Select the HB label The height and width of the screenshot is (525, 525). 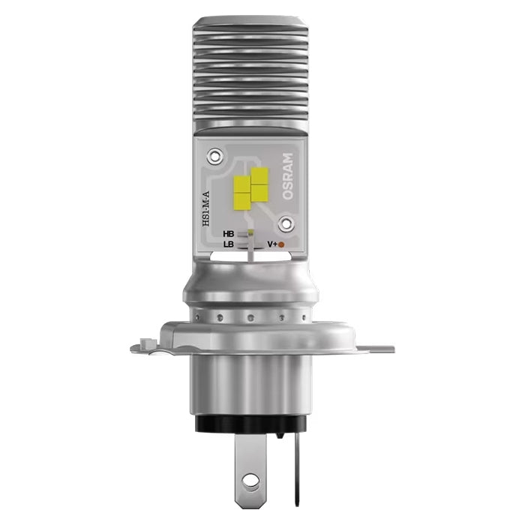[229, 234]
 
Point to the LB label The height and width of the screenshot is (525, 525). [229, 244]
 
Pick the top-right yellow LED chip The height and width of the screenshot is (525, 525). [259, 176]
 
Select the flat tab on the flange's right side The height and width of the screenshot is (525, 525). [379, 349]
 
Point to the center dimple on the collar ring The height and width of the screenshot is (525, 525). [249, 317]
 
